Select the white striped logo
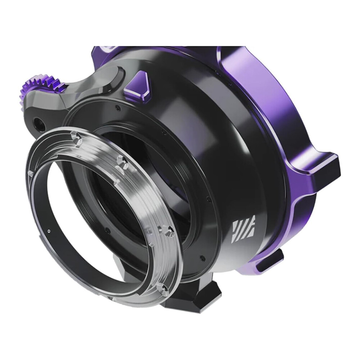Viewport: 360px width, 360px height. click(243, 229)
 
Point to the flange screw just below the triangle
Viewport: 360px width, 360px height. click(117, 107)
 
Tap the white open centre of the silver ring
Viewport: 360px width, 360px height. click(90, 223)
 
